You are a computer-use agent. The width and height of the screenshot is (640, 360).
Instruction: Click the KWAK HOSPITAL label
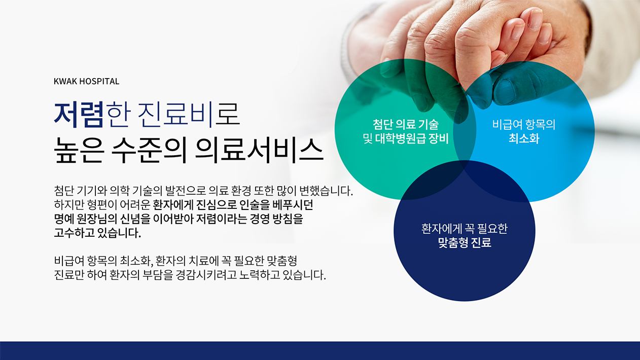pos(86,82)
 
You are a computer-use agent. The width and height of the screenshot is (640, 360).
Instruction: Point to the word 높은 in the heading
pos(78,150)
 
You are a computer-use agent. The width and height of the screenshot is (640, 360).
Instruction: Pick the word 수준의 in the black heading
pos(149,150)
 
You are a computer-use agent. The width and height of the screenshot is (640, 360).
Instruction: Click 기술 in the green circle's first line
pos(429,124)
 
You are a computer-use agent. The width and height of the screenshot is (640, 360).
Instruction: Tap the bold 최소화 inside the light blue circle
pos(524,138)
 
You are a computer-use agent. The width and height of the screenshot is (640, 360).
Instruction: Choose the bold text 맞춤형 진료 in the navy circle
pos(465,242)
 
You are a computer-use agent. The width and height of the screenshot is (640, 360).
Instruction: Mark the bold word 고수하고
pos(74,233)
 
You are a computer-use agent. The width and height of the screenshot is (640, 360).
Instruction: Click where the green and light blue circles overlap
pos(465,129)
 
